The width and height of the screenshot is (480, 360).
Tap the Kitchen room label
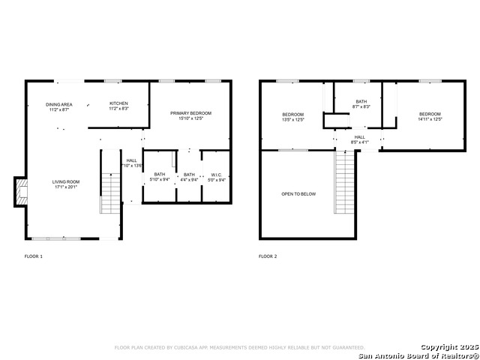(x=118, y=106)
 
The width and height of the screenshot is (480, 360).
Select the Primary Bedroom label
(x=190, y=115)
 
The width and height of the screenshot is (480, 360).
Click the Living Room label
(x=66, y=184)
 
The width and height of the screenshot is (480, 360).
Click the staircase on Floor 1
(x=110, y=193)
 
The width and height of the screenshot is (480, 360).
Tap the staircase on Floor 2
(x=344, y=183)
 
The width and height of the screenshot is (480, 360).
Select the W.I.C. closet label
(x=217, y=177)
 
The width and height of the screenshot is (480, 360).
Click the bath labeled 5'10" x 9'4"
(x=160, y=177)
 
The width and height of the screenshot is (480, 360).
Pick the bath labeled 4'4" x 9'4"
(x=189, y=177)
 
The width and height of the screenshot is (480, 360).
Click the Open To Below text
(x=298, y=194)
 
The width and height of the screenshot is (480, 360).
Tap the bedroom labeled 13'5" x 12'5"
(x=292, y=117)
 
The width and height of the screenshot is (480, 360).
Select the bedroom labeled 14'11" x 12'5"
(x=430, y=117)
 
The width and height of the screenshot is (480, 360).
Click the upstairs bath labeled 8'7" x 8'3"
(x=361, y=104)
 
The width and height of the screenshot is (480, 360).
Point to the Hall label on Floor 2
(x=360, y=139)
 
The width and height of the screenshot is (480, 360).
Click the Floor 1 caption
(x=34, y=256)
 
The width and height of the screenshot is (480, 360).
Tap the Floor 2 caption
(x=268, y=256)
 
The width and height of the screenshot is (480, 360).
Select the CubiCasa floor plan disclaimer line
(x=239, y=348)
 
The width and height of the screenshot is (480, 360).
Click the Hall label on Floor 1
(x=132, y=163)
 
